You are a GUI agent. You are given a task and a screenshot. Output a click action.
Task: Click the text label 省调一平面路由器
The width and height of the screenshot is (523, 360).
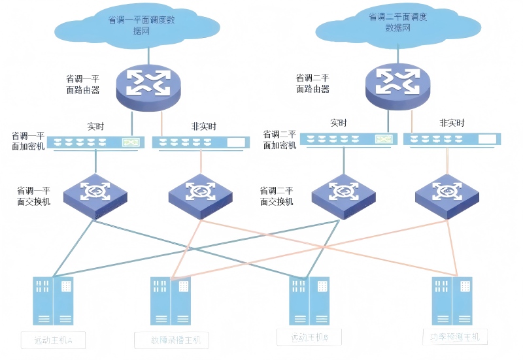point(83,85)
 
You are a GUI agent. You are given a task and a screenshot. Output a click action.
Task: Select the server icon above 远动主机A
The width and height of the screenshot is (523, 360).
point(54,300)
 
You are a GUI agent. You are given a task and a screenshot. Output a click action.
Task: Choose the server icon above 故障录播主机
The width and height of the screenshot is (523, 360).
point(171,300)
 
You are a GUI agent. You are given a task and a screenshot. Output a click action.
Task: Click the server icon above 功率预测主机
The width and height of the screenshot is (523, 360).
point(452,300)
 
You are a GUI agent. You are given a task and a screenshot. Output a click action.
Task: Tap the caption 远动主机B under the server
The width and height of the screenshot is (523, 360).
point(309,337)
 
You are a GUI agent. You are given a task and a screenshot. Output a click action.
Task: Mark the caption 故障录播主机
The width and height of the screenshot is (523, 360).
point(171,340)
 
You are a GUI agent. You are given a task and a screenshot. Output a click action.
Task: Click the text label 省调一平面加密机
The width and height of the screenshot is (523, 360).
point(28,141)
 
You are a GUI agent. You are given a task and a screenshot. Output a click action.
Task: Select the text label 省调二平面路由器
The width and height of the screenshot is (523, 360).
point(312,84)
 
